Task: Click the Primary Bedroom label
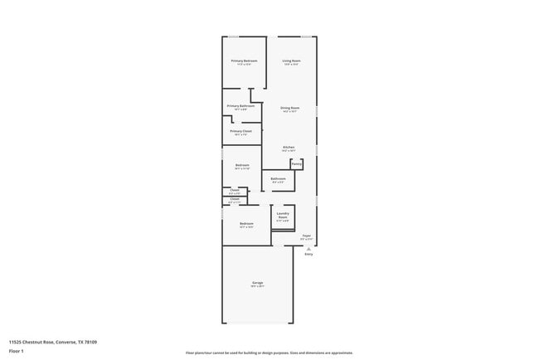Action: point(244,61)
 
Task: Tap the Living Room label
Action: point(291,61)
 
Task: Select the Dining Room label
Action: point(289,108)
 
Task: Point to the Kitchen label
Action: point(289,148)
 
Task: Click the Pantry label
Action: point(296,164)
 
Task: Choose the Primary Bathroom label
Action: point(240,106)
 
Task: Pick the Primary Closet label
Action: point(241,131)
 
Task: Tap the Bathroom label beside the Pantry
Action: point(279,178)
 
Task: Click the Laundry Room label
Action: point(283,216)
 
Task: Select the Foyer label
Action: point(307,236)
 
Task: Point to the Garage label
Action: point(258,284)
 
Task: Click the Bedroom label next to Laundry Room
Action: point(246,224)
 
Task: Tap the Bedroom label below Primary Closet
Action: point(242,165)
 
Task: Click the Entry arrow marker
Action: point(308,249)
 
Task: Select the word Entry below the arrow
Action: point(308,255)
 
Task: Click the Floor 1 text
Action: point(17,351)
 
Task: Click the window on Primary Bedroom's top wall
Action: point(234,36)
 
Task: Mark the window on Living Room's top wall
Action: point(306,36)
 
